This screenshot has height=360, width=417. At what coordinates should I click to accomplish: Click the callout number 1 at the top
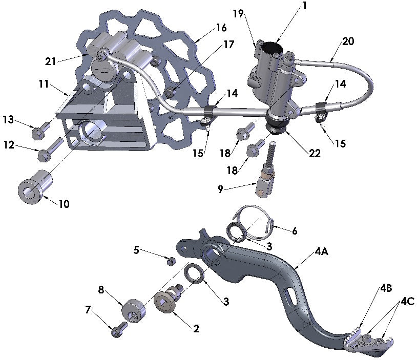click(x=304, y=7)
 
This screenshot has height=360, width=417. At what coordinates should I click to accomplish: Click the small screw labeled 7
click(x=116, y=332)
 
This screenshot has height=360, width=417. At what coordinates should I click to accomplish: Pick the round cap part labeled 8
click(x=132, y=310)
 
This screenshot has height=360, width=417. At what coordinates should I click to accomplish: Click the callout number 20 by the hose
click(x=348, y=41)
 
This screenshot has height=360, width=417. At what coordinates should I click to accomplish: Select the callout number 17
click(x=228, y=45)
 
